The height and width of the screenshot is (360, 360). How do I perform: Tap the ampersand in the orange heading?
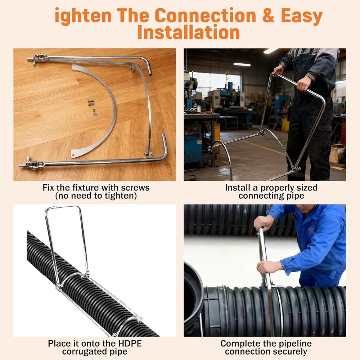[268, 15]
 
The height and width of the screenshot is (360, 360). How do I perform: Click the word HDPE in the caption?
[130, 344]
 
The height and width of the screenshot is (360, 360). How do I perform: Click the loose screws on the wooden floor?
[92, 105]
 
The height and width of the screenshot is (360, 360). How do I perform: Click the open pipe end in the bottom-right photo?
[193, 298]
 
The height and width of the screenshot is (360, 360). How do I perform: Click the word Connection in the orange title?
[205, 15]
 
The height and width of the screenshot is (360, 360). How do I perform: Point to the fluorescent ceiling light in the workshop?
[242, 64]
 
